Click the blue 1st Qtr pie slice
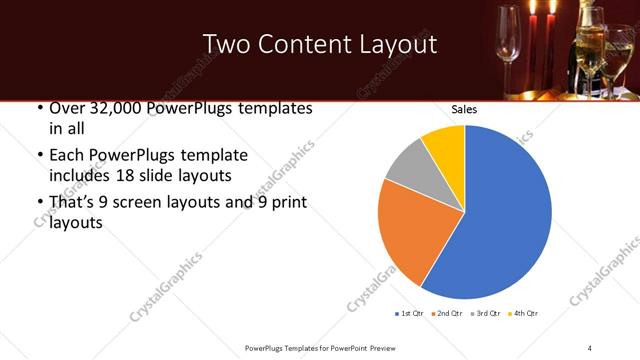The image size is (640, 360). point(500,220)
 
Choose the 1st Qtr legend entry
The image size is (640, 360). point(410,314)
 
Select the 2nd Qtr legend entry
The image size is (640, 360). point(448,314)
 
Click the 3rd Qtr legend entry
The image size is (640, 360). point(485,314)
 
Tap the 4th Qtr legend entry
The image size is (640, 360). point(523,314)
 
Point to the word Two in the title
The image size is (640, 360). point(224,45)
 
